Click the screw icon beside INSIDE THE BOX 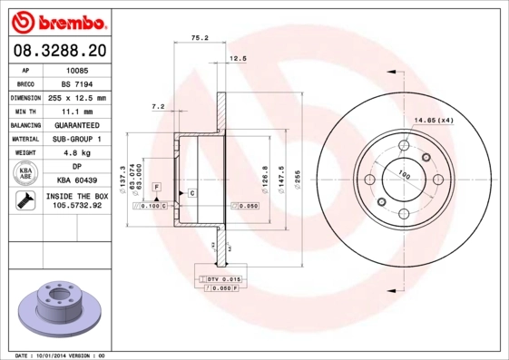coord(25,201)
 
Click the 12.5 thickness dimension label coord(238,58)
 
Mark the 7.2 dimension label coord(157,107)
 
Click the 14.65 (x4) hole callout coord(434,120)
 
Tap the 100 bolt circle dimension coord(403,174)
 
